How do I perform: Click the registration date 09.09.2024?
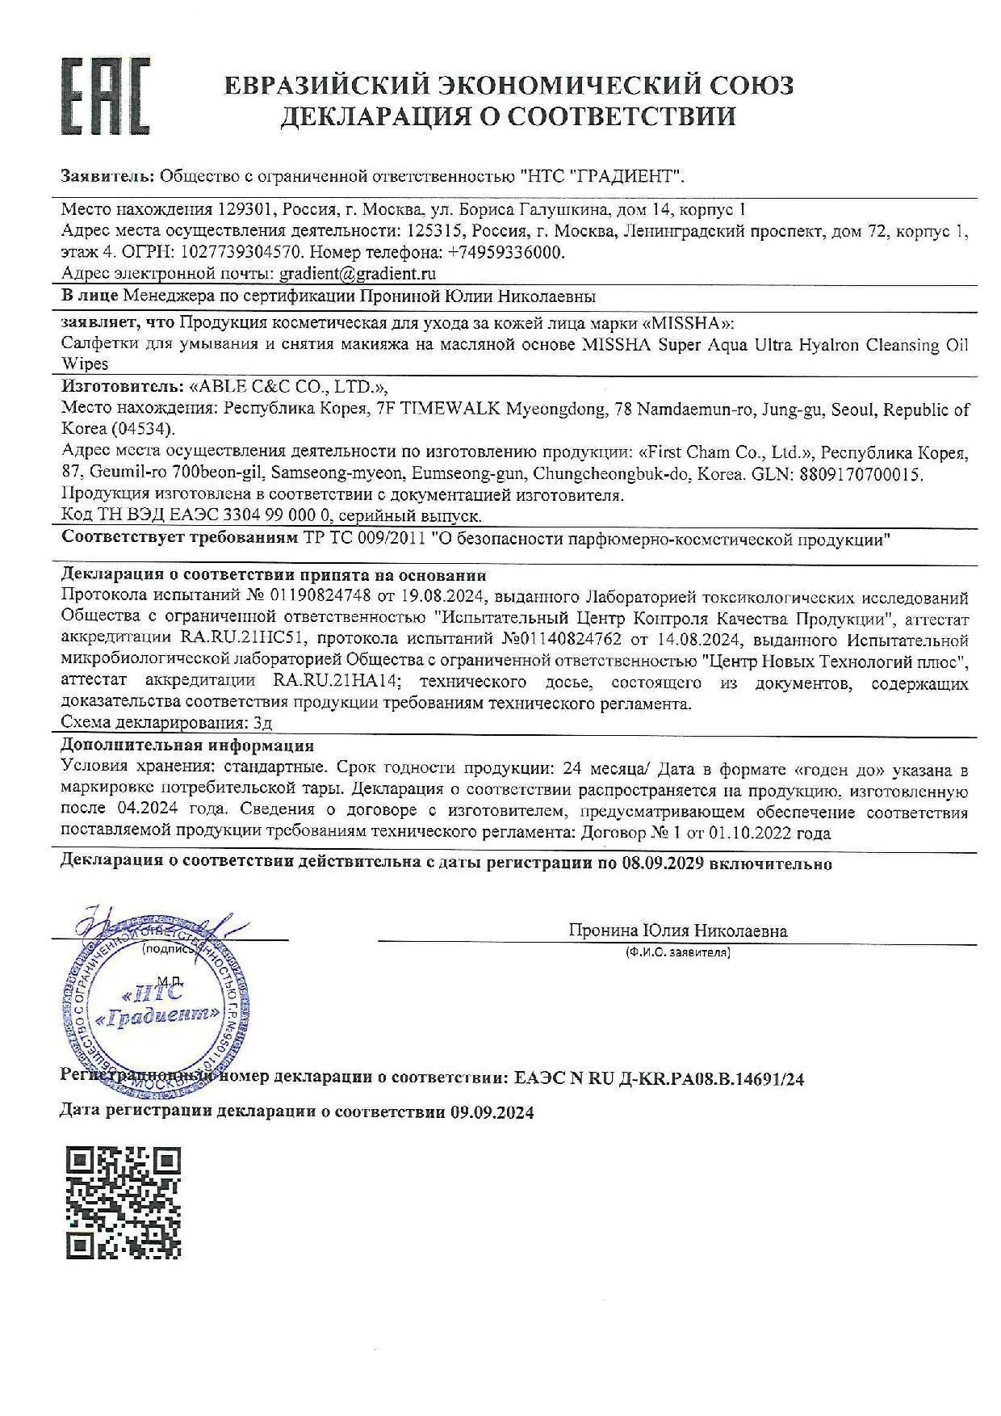pyautogui.click(x=492, y=1111)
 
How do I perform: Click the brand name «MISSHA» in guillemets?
pyautogui.click(x=691, y=323)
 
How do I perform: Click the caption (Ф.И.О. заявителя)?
pyautogui.click(x=677, y=952)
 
